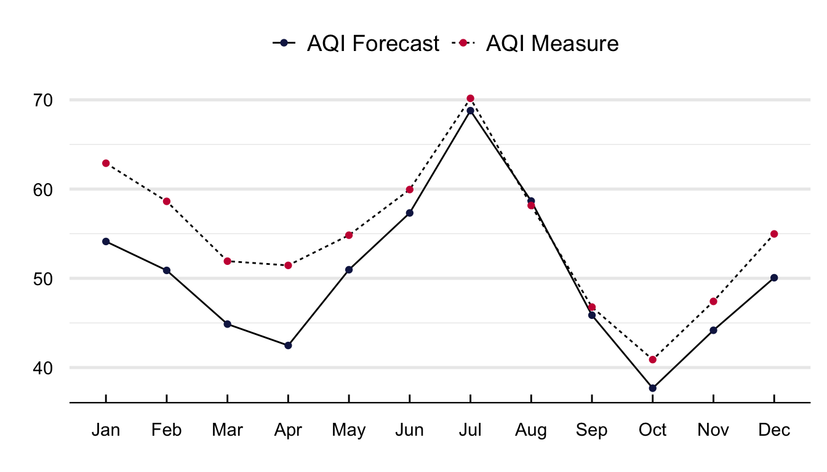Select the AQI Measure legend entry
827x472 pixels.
535,44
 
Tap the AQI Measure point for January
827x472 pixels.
106,163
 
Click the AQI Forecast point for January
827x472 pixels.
106,242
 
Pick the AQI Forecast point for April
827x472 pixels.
288,345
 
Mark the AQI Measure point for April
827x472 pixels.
288,265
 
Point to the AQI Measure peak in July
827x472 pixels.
470,98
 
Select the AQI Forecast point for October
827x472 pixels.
652,388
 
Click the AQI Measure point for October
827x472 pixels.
652,360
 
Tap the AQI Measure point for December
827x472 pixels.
774,234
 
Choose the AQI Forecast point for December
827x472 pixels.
774,278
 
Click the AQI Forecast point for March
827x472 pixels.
227,324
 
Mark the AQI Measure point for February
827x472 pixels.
167,202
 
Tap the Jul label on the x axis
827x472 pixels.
470,430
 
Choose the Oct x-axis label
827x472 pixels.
652,430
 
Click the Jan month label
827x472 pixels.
106,430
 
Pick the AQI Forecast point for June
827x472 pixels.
409,213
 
